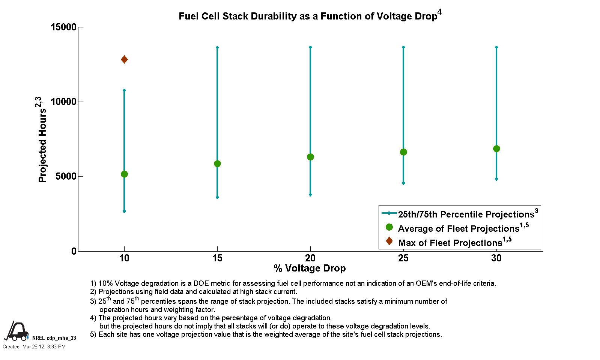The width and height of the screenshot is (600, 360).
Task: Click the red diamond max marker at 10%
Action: [x=124, y=59]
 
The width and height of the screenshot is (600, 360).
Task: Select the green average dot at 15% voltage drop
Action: [x=217, y=163]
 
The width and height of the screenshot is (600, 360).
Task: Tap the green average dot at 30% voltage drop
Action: [x=496, y=148]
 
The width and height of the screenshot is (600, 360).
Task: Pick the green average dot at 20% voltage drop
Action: [x=310, y=157]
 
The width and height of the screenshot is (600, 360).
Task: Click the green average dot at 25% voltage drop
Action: [x=403, y=152]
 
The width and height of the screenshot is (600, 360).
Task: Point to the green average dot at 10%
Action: [x=124, y=174]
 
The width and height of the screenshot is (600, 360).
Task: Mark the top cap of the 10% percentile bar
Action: [x=124, y=90]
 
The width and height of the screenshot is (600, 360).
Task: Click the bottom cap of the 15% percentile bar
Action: [x=217, y=197]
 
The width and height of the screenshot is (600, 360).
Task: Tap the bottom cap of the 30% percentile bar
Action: [x=496, y=179]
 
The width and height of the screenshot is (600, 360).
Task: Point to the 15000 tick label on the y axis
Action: [x=63, y=27]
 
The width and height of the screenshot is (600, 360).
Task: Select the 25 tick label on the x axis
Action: [x=403, y=258]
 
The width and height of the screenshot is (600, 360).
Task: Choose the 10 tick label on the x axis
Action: [x=124, y=258]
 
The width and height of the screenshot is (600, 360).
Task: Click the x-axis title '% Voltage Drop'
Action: [x=310, y=268]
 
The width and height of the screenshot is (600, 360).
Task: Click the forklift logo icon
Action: [x=16, y=331]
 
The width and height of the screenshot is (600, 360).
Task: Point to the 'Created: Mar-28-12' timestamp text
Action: [x=34, y=346]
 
